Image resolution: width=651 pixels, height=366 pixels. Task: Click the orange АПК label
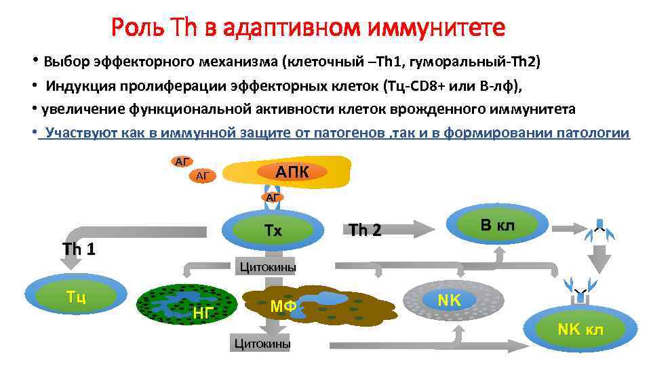pyautogui.click(x=292, y=172)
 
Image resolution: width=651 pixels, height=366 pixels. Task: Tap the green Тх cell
pyautogui.click(x=273, y=230)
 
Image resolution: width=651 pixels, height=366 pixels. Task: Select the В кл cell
pyautogui.click(x=497, y=225)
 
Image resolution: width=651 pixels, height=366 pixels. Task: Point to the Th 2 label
pyautogui.click(x=365, y=230)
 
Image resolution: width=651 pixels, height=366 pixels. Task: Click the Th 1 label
pyautogui.click(x=79, y=249)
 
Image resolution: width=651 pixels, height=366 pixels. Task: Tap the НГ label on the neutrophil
pyautogui.click(x=203, y=312)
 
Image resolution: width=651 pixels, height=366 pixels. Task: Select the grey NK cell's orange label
pyautogui.click(x=448, y=299)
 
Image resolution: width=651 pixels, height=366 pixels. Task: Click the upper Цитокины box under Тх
pyautogui.click(x=267, y=267)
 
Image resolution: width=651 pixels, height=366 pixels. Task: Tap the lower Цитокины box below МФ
pyautogui.click(x=261, y=344)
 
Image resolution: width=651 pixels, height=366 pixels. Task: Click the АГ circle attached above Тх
pyautogui.click(x=273, y=197)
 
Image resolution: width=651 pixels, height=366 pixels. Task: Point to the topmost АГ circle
pyautogui.click(x=181, y=161)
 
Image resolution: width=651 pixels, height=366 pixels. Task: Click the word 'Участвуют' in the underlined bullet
pyautogui.click(x=80, y=133)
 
